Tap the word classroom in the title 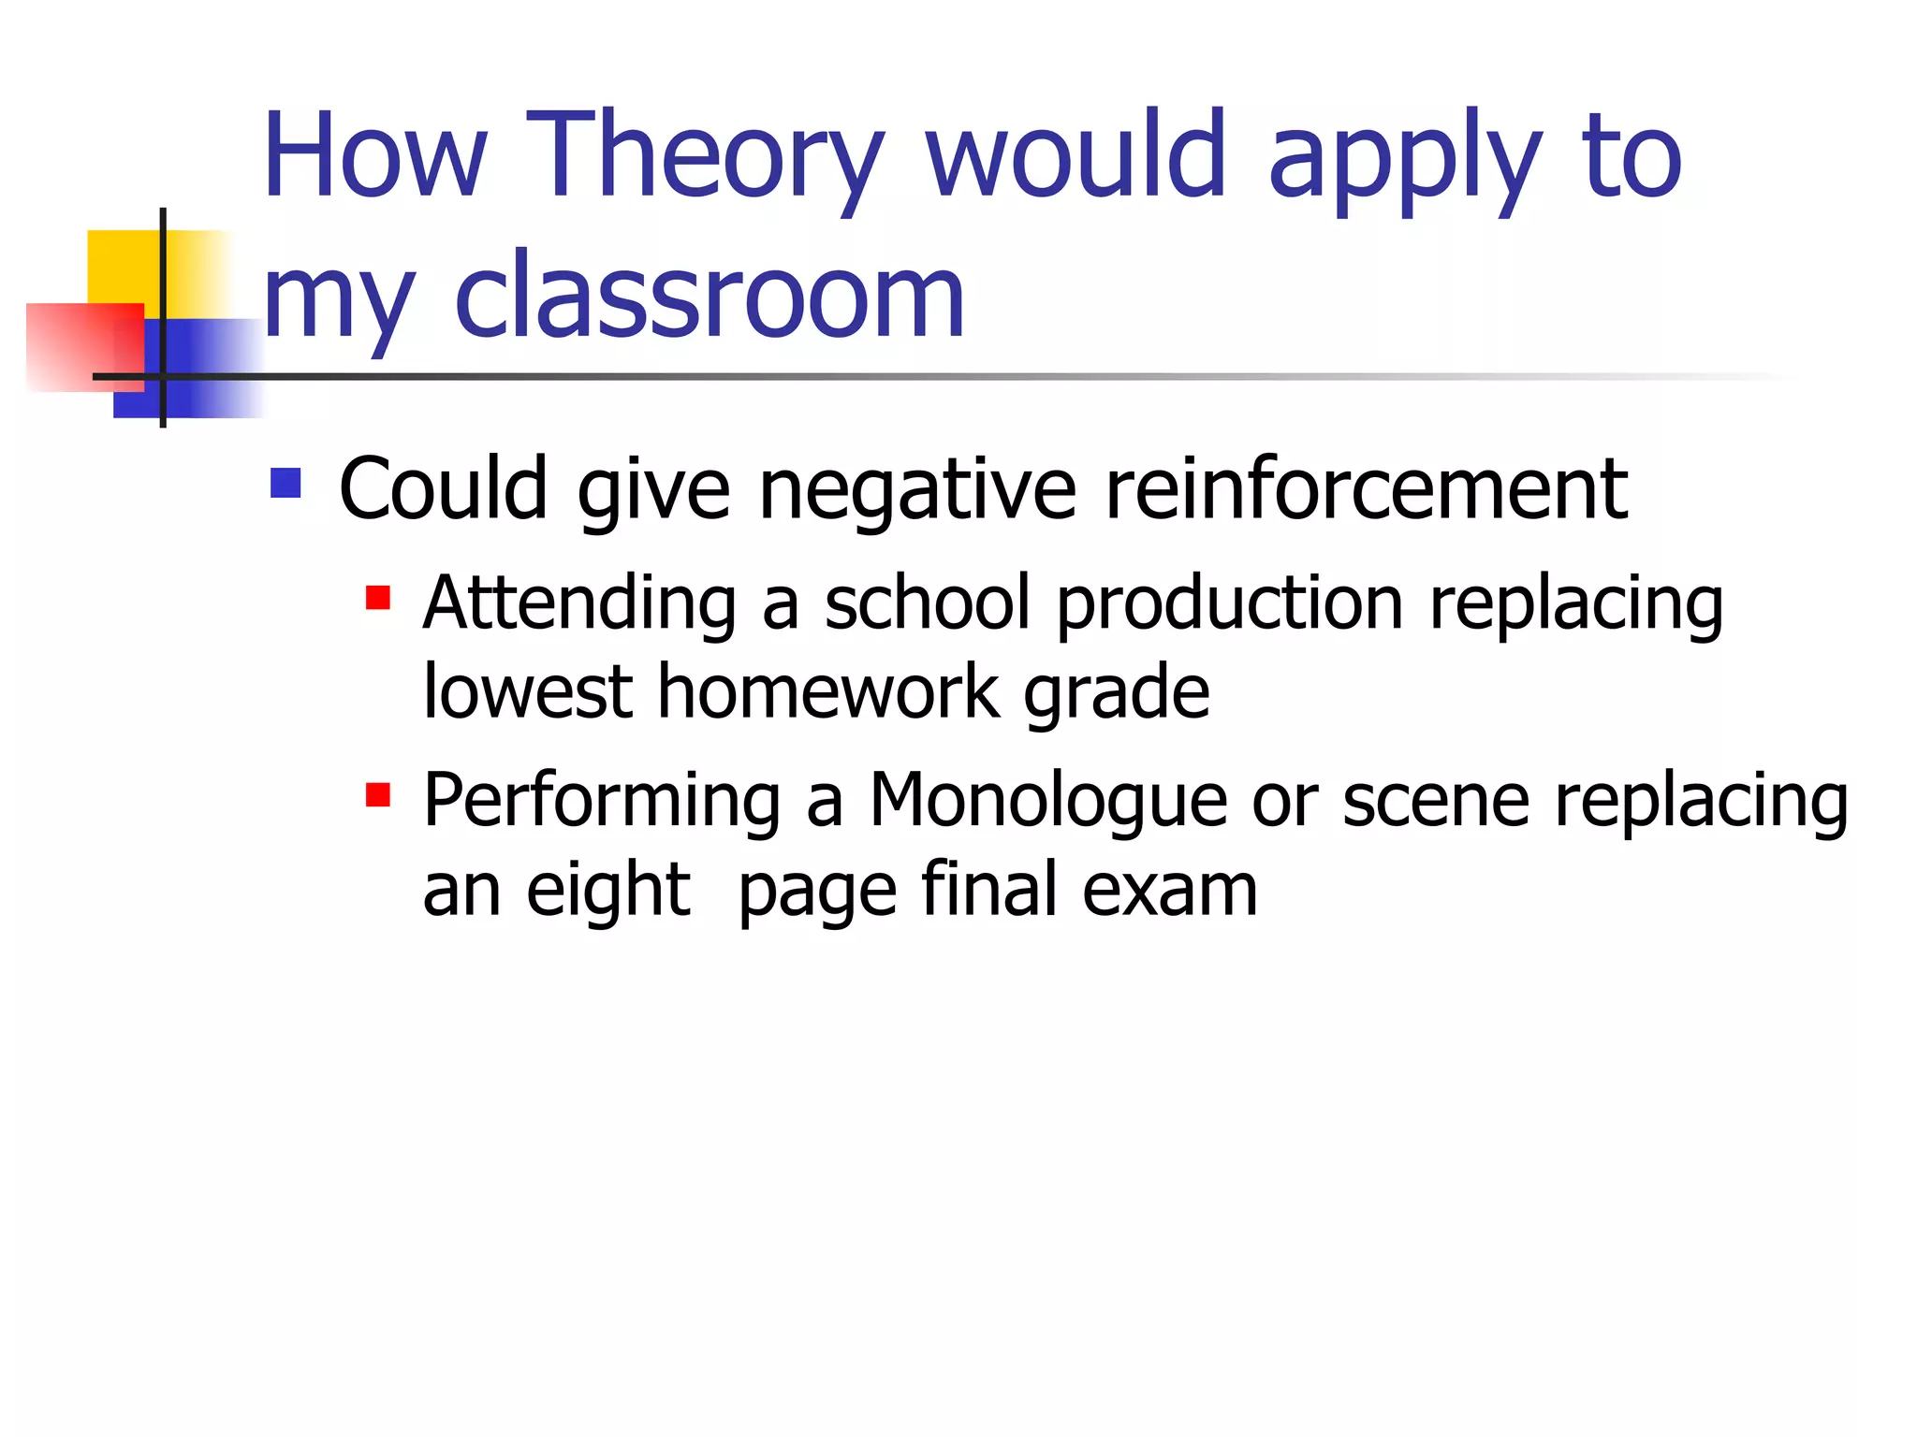click(709, 298)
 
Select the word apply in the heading click(1404, 159)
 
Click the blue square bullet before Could click(285, 483)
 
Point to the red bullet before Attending click(377, 598)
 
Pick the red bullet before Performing click(377, 795)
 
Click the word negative click(917, 490)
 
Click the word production click(1229, 604)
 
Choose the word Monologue click(1047, 802)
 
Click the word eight click(607, 891)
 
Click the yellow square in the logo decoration click(122, 266)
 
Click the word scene click(1436, 802)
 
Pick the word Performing click(602, 802)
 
